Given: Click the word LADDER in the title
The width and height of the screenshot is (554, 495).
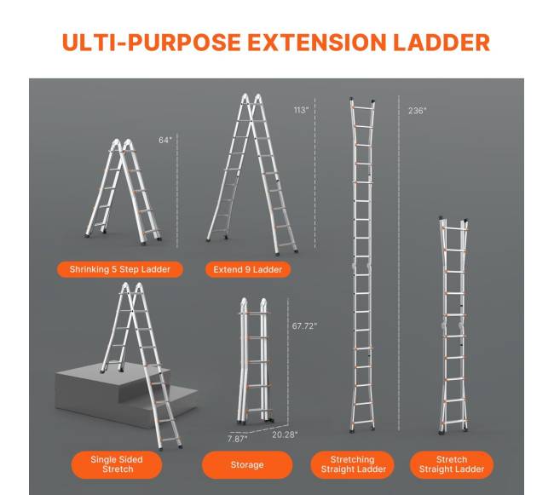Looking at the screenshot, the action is [441, 43].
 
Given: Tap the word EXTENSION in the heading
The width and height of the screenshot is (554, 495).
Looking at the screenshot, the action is [316, 43].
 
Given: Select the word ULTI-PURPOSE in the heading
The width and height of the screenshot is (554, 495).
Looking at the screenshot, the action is [152, 43].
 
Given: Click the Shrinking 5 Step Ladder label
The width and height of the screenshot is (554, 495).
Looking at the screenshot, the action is [120, 269].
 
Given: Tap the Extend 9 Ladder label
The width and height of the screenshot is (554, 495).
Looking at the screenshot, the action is [248, 270].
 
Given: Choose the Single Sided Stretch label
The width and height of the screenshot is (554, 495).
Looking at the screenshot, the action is [117, 464].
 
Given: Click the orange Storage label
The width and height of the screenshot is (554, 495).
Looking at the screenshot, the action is [247, 464].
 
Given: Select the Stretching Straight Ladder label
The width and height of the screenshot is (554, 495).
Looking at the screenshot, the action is [353, 464].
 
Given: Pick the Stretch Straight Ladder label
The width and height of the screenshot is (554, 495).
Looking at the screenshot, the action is [452, 464].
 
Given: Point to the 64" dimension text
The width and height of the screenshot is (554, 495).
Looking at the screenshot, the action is [165, 141].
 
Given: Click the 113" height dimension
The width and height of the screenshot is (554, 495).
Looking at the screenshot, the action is [302, 110].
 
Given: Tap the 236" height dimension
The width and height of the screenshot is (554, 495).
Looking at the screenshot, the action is [418, 111].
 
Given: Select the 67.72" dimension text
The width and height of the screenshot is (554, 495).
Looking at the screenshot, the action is [304, 325].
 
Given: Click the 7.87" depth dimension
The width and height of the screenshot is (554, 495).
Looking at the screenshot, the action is [238, 439].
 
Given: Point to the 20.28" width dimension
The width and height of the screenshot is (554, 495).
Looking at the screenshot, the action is [285, 435].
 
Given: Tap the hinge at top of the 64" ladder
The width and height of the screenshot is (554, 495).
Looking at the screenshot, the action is [122, 144].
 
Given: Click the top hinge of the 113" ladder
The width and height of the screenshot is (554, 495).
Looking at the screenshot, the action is [251, 99].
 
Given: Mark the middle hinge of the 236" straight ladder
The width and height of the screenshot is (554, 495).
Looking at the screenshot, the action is [361, 268].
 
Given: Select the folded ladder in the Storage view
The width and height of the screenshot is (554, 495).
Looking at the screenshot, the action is [254, 361].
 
